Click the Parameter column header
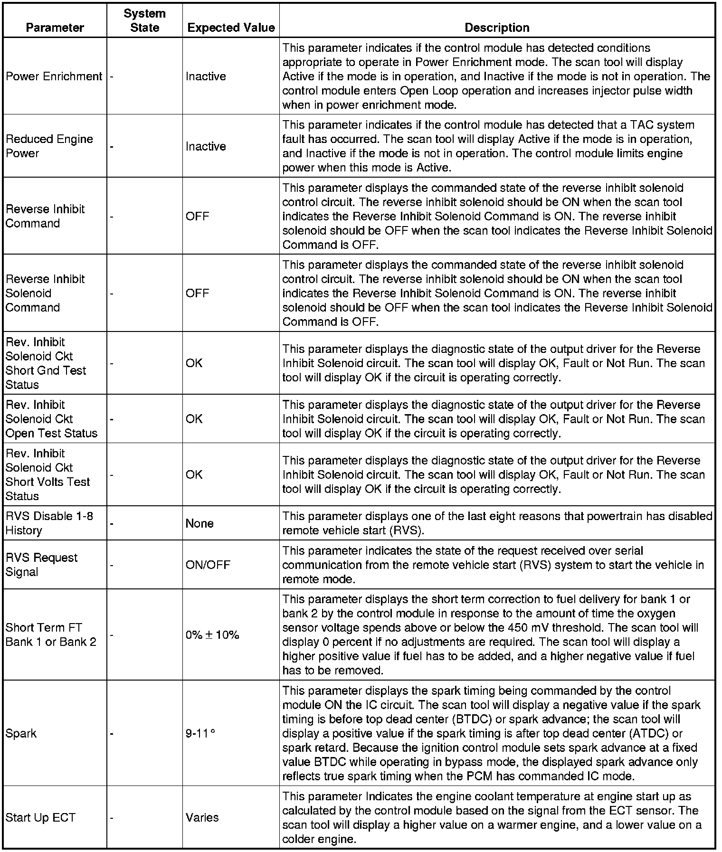(x=55, y=28)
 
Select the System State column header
(x=144, y=20)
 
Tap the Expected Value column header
(x=231, y=28)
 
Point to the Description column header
(x=497, y=28)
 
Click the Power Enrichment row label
(x=54, y=76)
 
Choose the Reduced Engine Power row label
(x=49, y=146)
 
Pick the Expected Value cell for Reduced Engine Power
(x=206, y=146)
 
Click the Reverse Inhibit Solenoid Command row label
(x=45, y=293)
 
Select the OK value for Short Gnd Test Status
(x=194, y=363)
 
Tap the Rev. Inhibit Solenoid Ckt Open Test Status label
(x=51, y=419)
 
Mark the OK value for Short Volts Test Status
(x=194, y=474)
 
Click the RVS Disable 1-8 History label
(x=49, y=523)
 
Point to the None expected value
(x=199, y=523)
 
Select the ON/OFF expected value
(x=208, y=565)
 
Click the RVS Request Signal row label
(x=41, y=565)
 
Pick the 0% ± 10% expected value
(x=212, y=635)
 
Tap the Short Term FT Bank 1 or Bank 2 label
(x=51, y=635)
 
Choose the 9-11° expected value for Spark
(x=200, y=734)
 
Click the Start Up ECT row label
(x=40, y=818)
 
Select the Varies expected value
(x=202, y=818)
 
